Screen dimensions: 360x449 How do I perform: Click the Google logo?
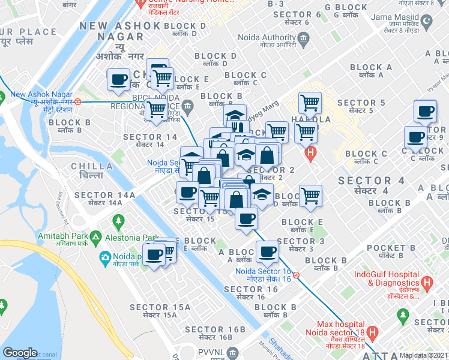click(20, 353)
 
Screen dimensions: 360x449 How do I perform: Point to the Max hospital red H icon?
click(372, 332)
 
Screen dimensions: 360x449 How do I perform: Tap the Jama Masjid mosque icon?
click(427, 23)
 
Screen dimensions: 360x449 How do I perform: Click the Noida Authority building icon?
click(303, 40)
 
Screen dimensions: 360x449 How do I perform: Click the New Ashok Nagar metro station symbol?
click(78, 94)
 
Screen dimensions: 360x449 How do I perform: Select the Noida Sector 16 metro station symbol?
click(296, 275)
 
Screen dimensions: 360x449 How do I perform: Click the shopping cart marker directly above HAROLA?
click(310, 103)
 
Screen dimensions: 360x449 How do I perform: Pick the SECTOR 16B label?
click(215, 329)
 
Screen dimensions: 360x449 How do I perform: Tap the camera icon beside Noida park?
click(105, 257)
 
